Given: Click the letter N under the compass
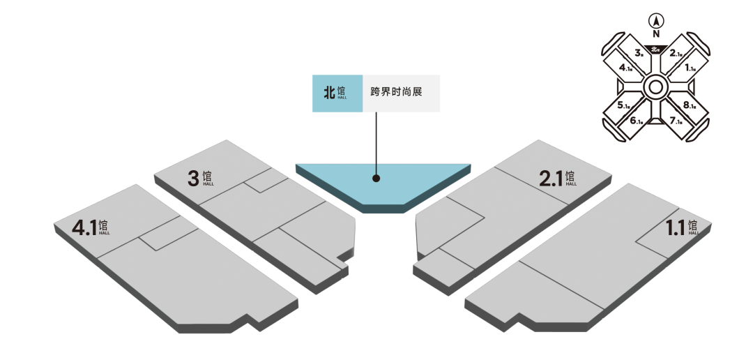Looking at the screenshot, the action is tap(655, 33).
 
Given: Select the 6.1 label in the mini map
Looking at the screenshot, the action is tap(637, 120).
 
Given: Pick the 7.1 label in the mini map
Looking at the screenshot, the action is tap(676, 120).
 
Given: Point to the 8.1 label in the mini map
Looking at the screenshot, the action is tap(690, 106).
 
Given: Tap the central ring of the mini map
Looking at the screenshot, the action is tap(655, 87).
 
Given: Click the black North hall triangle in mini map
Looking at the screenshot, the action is tap(655, 50).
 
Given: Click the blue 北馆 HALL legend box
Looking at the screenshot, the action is tap(337, 93).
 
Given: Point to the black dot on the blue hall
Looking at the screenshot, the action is tap(376, 178).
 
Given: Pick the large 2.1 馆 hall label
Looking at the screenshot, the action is tap(557, 179).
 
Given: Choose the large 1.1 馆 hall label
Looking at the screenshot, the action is tap(681, 227).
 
